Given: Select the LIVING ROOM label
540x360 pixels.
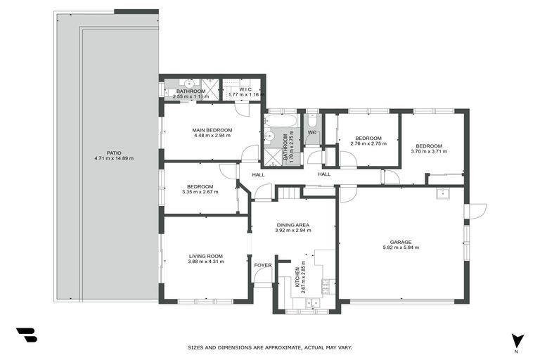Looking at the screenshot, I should [x=205, y=256].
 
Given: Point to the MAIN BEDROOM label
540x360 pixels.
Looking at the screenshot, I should [x=212, y=130].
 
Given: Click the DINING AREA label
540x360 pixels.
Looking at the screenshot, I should [x=292, y=225].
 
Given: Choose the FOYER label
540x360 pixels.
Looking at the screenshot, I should [x=262, y=265].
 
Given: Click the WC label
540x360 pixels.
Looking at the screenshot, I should [x=311, y=132].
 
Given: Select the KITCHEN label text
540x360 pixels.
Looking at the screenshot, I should [x=298, y=274].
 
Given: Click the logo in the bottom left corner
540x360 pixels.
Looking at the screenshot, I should [x=26, y=335].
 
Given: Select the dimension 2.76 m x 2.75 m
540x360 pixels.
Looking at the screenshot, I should [x=368, y=143].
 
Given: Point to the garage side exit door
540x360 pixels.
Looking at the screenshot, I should [x=476, y=209].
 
